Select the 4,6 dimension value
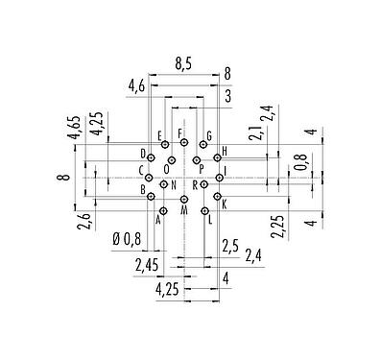136,87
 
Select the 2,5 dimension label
231,246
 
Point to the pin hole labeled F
184,142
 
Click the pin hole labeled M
184,198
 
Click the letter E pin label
159,136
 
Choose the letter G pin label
208,136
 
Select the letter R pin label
195,183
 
